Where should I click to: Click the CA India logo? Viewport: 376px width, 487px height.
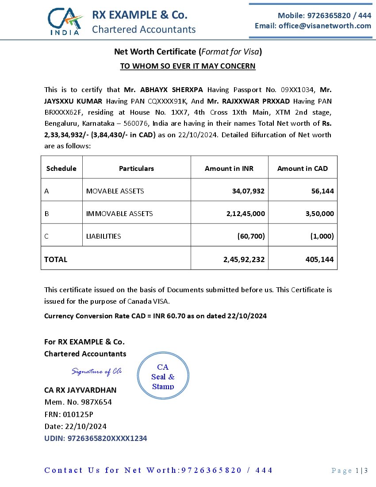tap(65, 21)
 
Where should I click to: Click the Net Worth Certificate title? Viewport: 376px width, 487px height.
tap(188, 52)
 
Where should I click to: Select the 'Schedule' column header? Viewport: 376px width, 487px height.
tap(61, 168)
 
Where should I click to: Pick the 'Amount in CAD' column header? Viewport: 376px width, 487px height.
tap(303, 168)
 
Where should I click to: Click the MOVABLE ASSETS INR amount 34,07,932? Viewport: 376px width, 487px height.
tap(248, 191)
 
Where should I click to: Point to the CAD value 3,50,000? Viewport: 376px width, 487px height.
tap(319, 213)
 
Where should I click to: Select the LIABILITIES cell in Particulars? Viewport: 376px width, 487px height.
tap(104, 236)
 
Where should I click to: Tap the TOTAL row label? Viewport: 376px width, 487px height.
tap(56, 259)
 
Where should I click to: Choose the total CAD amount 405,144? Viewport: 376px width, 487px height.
tap(319, 259)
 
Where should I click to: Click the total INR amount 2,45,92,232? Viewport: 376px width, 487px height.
tap(244, 259)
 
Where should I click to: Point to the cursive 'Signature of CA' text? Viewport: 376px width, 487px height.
tap(97, 371)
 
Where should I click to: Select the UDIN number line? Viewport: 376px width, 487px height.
tap(96, 438)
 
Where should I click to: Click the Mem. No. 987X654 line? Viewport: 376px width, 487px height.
tap(78, 402)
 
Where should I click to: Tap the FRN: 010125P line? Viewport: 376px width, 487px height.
tap(69, 414)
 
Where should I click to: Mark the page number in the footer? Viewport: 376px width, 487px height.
tap(349, 471)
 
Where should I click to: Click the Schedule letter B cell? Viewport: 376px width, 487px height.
tap(47, 213)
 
